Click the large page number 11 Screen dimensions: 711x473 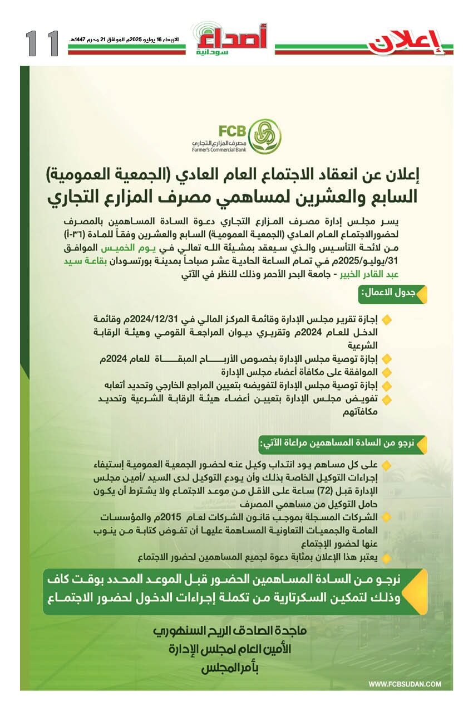pos(42,43)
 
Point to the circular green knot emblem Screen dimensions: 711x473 pos(264,135)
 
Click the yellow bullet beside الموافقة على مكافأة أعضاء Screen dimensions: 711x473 pos(387,372)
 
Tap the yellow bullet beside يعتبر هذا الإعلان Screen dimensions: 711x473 pos(387,556)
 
